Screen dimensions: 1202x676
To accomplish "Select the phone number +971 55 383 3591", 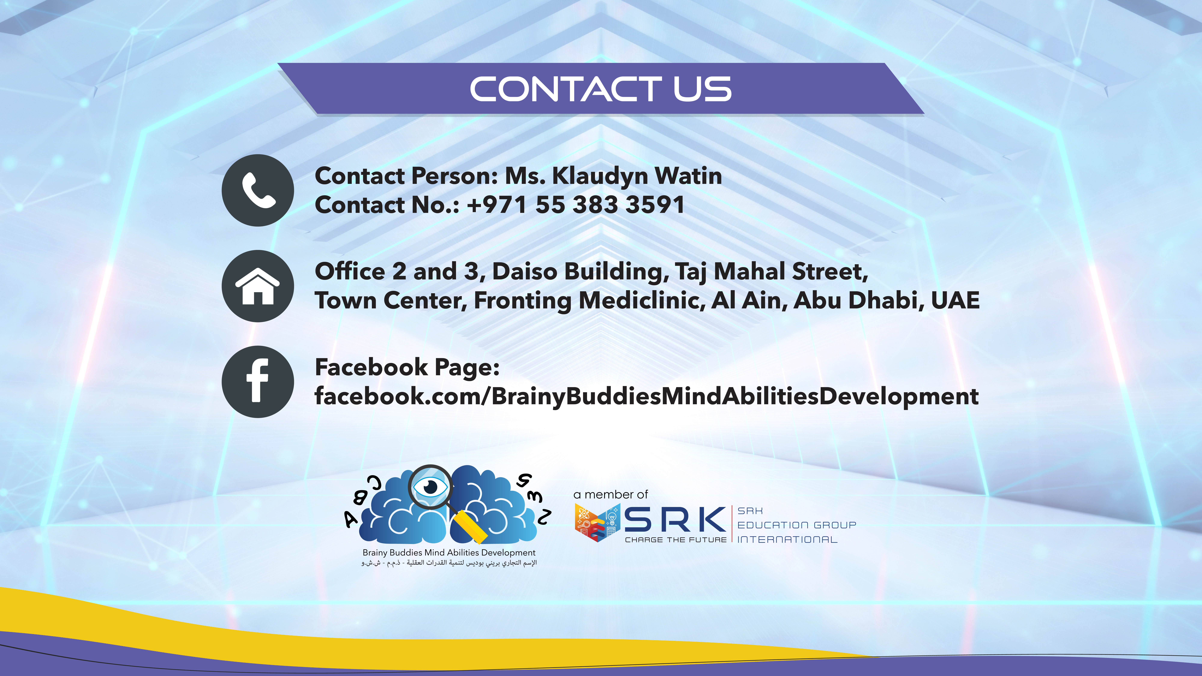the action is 575,205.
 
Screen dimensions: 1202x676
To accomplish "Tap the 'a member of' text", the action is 611,495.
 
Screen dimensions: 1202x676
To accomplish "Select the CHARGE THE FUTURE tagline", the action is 676,540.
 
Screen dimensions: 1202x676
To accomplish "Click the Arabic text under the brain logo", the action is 449,563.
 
